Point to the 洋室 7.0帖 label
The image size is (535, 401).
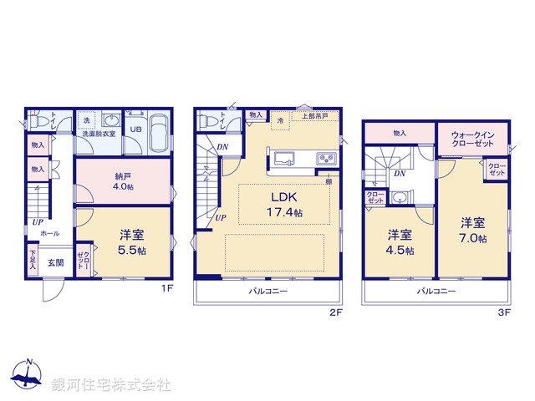click(x=472, y=231)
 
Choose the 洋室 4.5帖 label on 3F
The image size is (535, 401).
click(x=400, y=241)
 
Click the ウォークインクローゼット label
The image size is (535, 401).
click(x=471, y=138)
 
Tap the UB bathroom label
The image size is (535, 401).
click(x=135, y=130)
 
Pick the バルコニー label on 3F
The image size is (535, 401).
click(x=436, y=292)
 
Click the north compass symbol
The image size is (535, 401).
click(x=28, y=374)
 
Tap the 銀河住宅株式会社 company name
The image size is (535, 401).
click(x=112, y=385)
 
